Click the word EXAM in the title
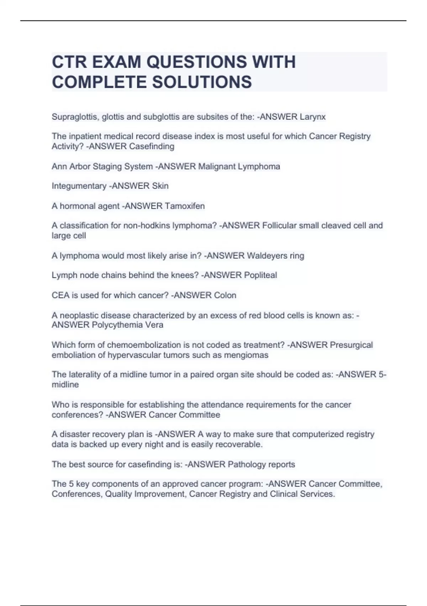116,62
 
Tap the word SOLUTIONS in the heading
202,82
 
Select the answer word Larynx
312,117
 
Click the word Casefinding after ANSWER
152,147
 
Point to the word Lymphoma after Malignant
259,166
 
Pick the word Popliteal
260,275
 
